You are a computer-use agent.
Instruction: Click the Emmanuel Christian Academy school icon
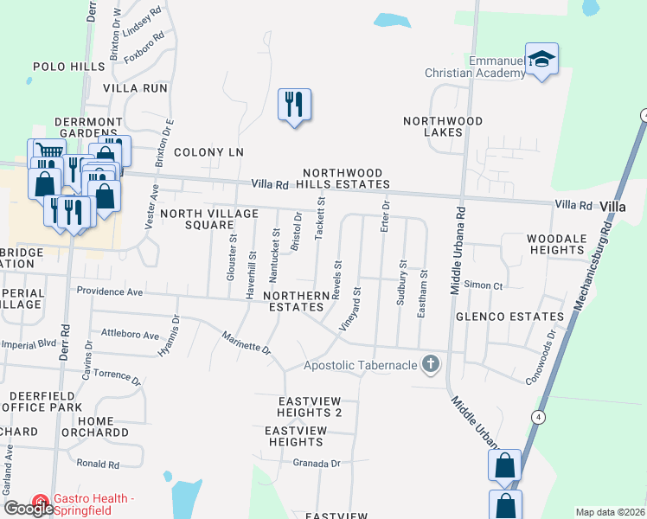point(541,59)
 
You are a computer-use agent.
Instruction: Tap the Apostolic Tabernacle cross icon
point(430,364)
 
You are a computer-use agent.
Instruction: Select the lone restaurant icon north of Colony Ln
point(294,105)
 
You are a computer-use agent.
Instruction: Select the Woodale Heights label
point(556,244)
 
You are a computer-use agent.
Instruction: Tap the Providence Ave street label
point(109,292)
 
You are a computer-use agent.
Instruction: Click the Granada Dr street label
point(317,464)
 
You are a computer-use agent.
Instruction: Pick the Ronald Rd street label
point(97,465)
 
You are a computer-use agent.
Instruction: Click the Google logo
point(29,509)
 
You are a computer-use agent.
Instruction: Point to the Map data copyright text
point(610,512)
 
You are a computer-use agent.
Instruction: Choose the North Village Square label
point(208,219)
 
